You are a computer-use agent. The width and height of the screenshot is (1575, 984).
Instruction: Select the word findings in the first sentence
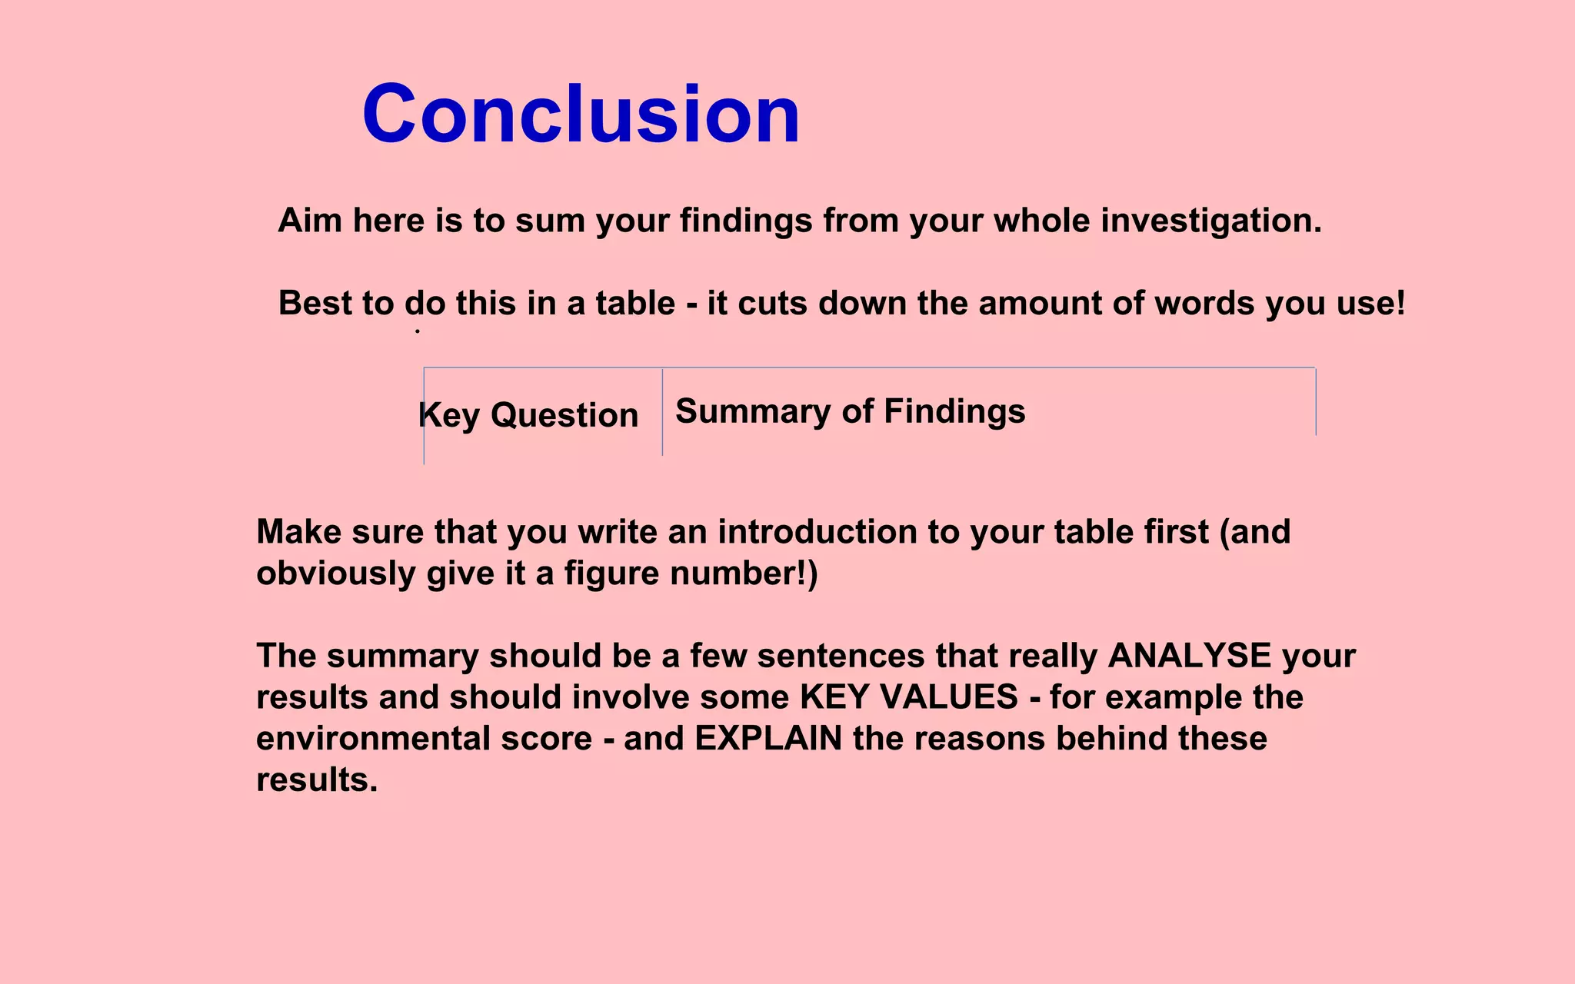tap(745, 221)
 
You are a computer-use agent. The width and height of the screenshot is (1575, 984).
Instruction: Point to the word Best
tap(315, 303)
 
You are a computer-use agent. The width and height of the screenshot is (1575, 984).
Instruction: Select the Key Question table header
tap(528, 415)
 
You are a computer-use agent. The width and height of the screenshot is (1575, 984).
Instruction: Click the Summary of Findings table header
tap(850, 411)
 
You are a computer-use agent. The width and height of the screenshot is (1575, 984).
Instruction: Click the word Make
tap(298, 532)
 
